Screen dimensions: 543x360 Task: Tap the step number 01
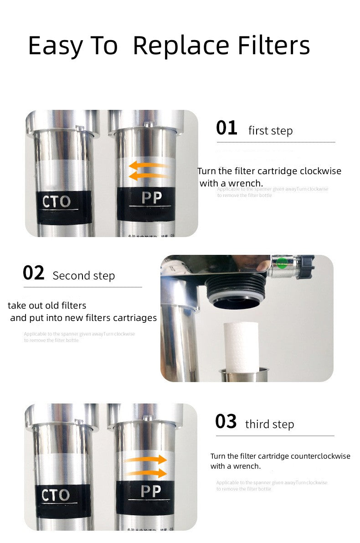[x=226, y=128]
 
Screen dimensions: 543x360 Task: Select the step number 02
[x=34, y=273]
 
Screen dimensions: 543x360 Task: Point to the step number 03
[x=226, y=422]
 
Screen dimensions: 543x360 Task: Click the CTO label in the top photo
[x=56, y=202]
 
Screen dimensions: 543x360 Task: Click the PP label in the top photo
[x=151, y=198]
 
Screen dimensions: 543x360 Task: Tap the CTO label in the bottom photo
[x=56, y=495]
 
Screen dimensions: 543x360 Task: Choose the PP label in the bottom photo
[x=151, y=491]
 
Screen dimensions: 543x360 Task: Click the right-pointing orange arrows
[x=146, y=466]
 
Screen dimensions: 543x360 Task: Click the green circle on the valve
[x=283, y=263]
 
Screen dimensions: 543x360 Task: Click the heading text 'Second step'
[x=84, y=276]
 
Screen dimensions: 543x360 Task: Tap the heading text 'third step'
[x=269, y=424]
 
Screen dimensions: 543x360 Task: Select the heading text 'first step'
[x=270, y=131]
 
